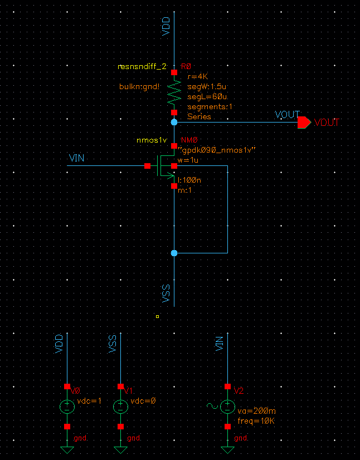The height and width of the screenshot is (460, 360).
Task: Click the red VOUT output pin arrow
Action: point(304,123)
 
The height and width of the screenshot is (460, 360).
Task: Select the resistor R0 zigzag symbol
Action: point(174,92)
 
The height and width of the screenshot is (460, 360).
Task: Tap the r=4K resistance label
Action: point(198,76)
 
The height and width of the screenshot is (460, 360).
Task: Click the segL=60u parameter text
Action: point(203,96)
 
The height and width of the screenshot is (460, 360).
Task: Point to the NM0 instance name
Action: point(189,140)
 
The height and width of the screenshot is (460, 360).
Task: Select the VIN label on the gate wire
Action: point(76,159)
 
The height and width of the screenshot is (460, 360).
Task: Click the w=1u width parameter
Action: point(188,160)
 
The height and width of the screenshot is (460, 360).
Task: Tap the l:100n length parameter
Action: point(190,180)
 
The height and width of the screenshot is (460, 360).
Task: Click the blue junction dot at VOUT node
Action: point(174,121)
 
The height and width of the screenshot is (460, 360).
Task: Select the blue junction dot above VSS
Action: point(174,253)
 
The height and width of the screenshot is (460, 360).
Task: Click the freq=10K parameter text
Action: point(256,420)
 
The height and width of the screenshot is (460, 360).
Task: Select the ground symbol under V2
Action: point(227,449)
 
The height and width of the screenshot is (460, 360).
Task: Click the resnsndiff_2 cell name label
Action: point(142,66)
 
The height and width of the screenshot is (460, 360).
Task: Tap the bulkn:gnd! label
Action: point(140,87)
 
